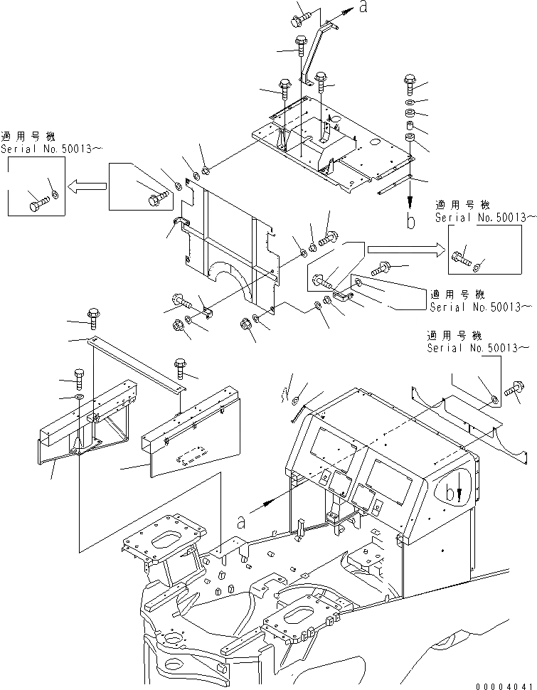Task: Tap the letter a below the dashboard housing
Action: click(241, 522)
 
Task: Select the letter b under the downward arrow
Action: click(410, 221)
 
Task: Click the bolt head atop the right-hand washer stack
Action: click(410, 80)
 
